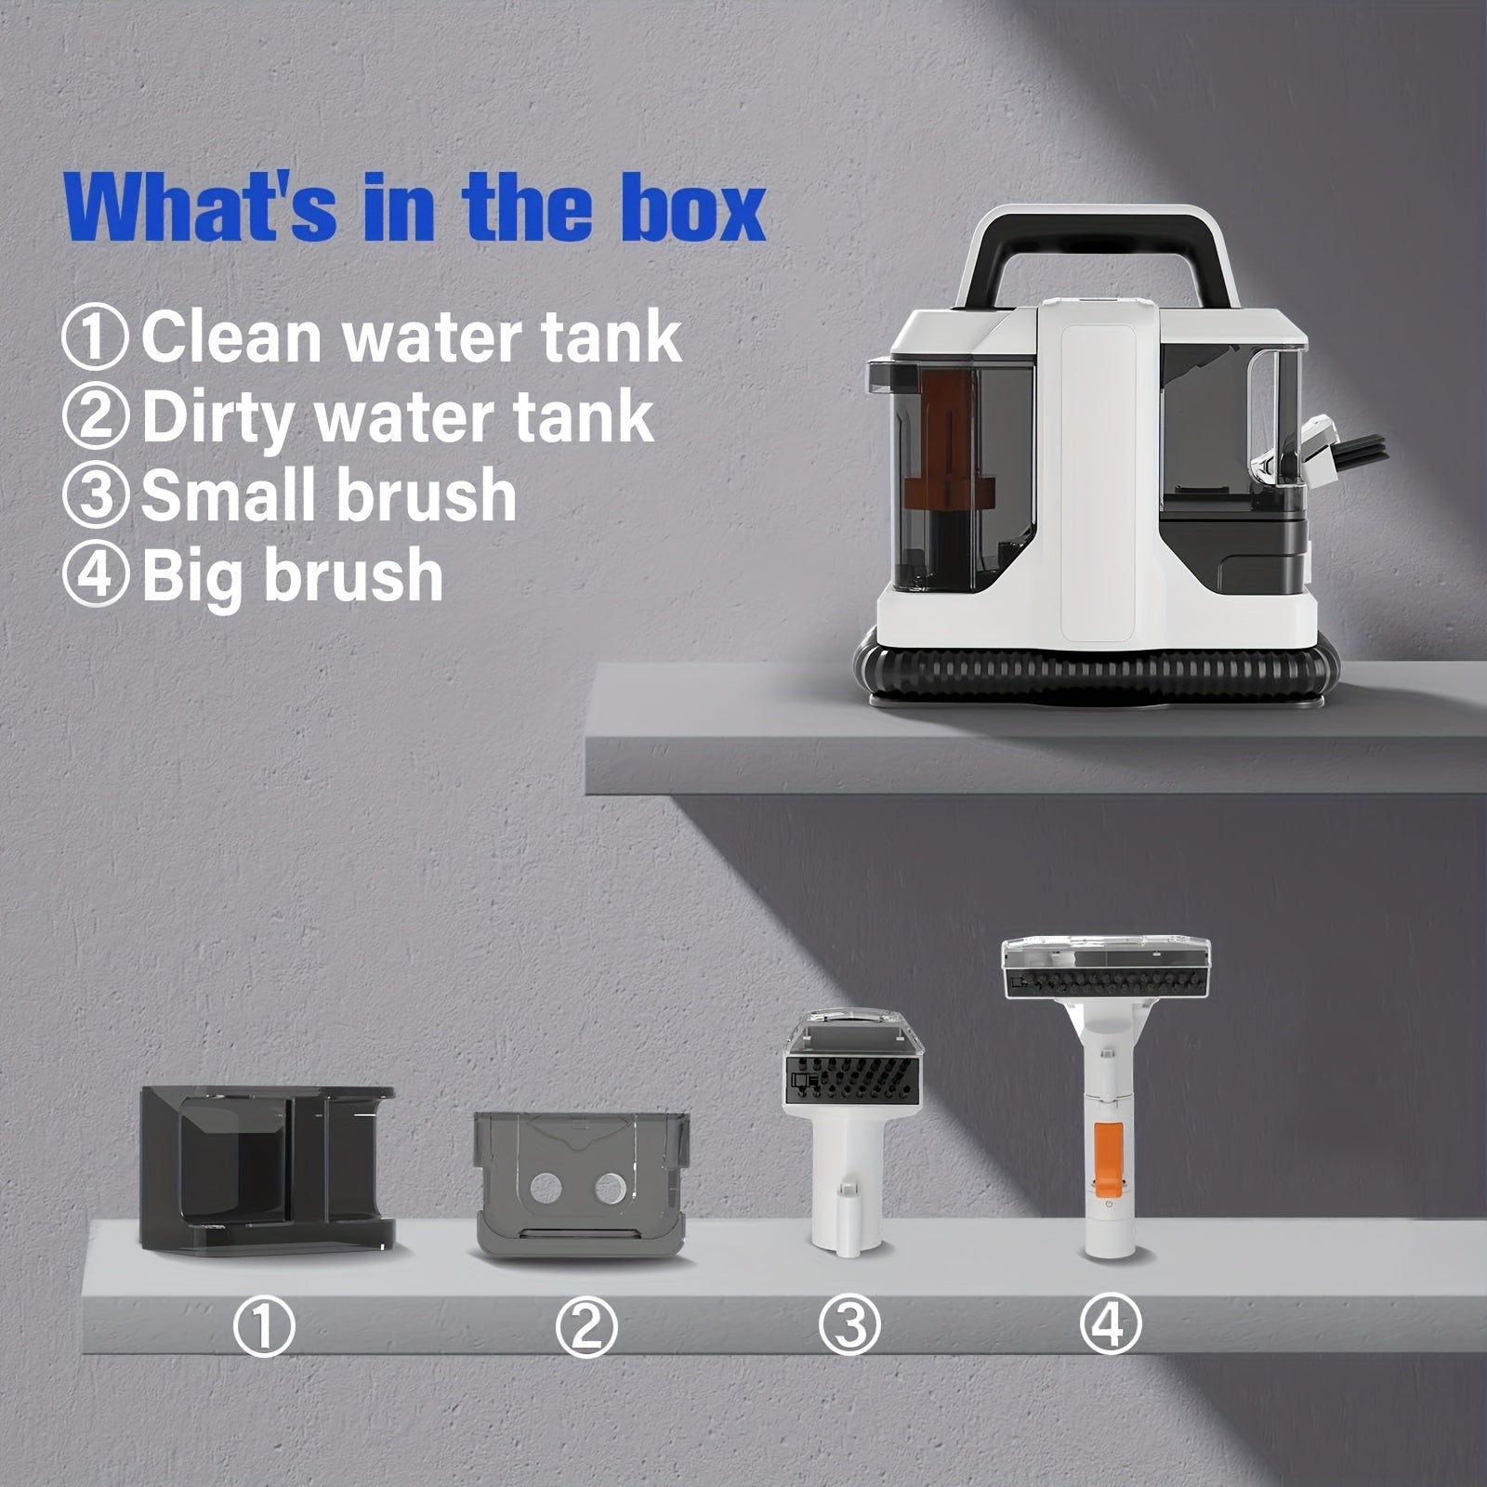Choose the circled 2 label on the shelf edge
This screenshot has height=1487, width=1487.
coord(586,1327)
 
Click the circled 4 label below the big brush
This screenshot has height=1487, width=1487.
coord(1110,1323)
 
